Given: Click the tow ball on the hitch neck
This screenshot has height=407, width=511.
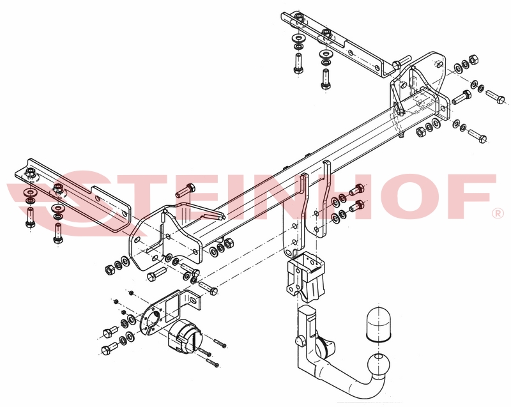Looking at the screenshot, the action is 378,364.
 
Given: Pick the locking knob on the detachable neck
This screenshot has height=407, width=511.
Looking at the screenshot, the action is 300,341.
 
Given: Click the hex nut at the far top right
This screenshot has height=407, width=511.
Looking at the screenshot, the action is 474,60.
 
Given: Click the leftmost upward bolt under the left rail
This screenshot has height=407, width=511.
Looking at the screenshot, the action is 30,219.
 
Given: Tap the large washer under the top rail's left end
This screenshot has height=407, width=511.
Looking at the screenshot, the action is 298,38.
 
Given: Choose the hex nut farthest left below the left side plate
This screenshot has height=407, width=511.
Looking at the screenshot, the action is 109,270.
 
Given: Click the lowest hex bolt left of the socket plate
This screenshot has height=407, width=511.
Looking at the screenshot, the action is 109,349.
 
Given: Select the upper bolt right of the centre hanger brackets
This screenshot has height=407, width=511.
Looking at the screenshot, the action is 356,189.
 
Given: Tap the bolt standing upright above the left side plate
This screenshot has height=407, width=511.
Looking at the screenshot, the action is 185,190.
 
